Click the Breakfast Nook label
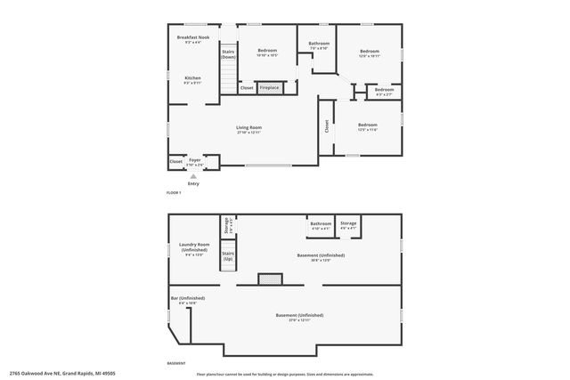[193, 37]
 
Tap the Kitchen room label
[193, 78]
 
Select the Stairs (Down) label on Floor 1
[228, 53]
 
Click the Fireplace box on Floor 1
[269, 88]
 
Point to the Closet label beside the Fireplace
[247, 88]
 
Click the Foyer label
[194, 160]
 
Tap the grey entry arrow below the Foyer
[193, 176]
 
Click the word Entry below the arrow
[193, 183]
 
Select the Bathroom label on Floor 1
[319, 44]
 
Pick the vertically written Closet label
[327, 126]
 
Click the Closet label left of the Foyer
[175, 161]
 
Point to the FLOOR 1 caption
[174, 193]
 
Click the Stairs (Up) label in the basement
[228, 255]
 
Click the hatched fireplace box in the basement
[269, 279]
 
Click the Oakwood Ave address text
[62, 374]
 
